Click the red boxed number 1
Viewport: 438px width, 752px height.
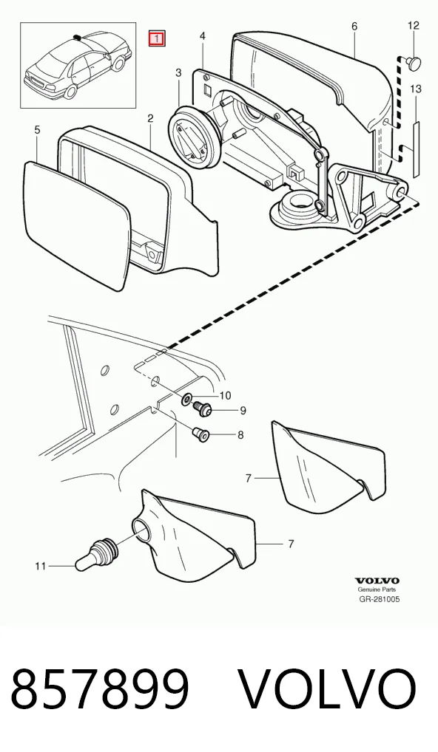pyautogui.click(x=157, y=39)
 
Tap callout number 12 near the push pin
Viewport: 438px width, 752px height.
pyautogui.click(x=413, y=25)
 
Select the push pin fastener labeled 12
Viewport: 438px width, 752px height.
pyautogui.click(x=413, y=61)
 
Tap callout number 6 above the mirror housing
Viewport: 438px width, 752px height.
pyautogui.click(x=354, y=26)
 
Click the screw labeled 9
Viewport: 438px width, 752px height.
pyautogui.click(x=203, y=409)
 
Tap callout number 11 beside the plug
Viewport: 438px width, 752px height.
pyautogui.click(x=41, y=567)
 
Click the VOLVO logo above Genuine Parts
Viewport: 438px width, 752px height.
pyautogui.click(x=377, y=581)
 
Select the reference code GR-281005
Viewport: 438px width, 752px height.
pyautogui.click(x=380, y=599)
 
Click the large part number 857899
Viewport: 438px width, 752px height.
pyautogui.click(x=99, y=689)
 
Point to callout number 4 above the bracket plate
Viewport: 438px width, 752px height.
pyautogui.click(x=203, y=36)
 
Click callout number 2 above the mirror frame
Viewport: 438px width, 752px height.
pyautogui.click(x=150, y=118)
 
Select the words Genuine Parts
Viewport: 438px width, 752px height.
pyautogui.click(x=377, y=590)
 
